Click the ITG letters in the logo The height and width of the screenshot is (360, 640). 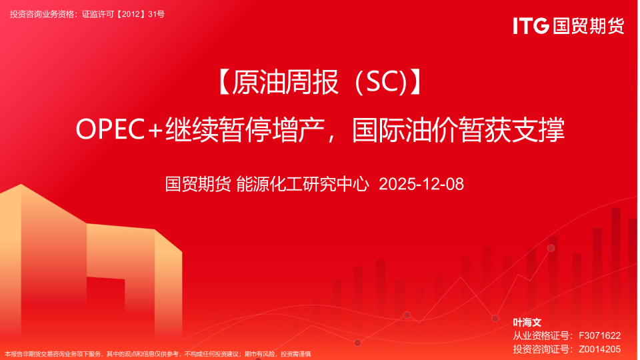point(531,26)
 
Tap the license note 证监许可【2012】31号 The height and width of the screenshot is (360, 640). point(123,13)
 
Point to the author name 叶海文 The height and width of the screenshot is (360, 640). point(527,322)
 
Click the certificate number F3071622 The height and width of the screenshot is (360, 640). point(599,335)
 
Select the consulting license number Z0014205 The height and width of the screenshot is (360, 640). point(599,349)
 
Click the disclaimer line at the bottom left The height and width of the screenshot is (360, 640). point(157,354)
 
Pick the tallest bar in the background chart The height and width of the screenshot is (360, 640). point(615,267)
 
